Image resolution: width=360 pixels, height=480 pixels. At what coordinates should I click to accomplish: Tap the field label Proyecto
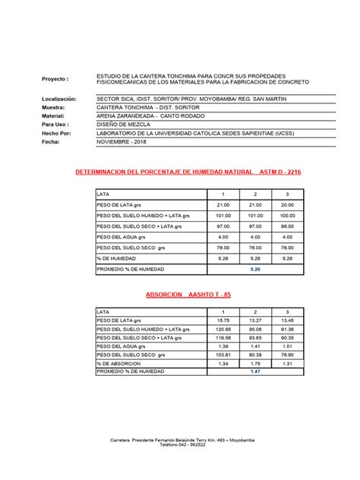[x=57, y=79]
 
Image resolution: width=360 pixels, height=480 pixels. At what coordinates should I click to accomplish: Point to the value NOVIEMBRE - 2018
[x=119, y=141]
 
